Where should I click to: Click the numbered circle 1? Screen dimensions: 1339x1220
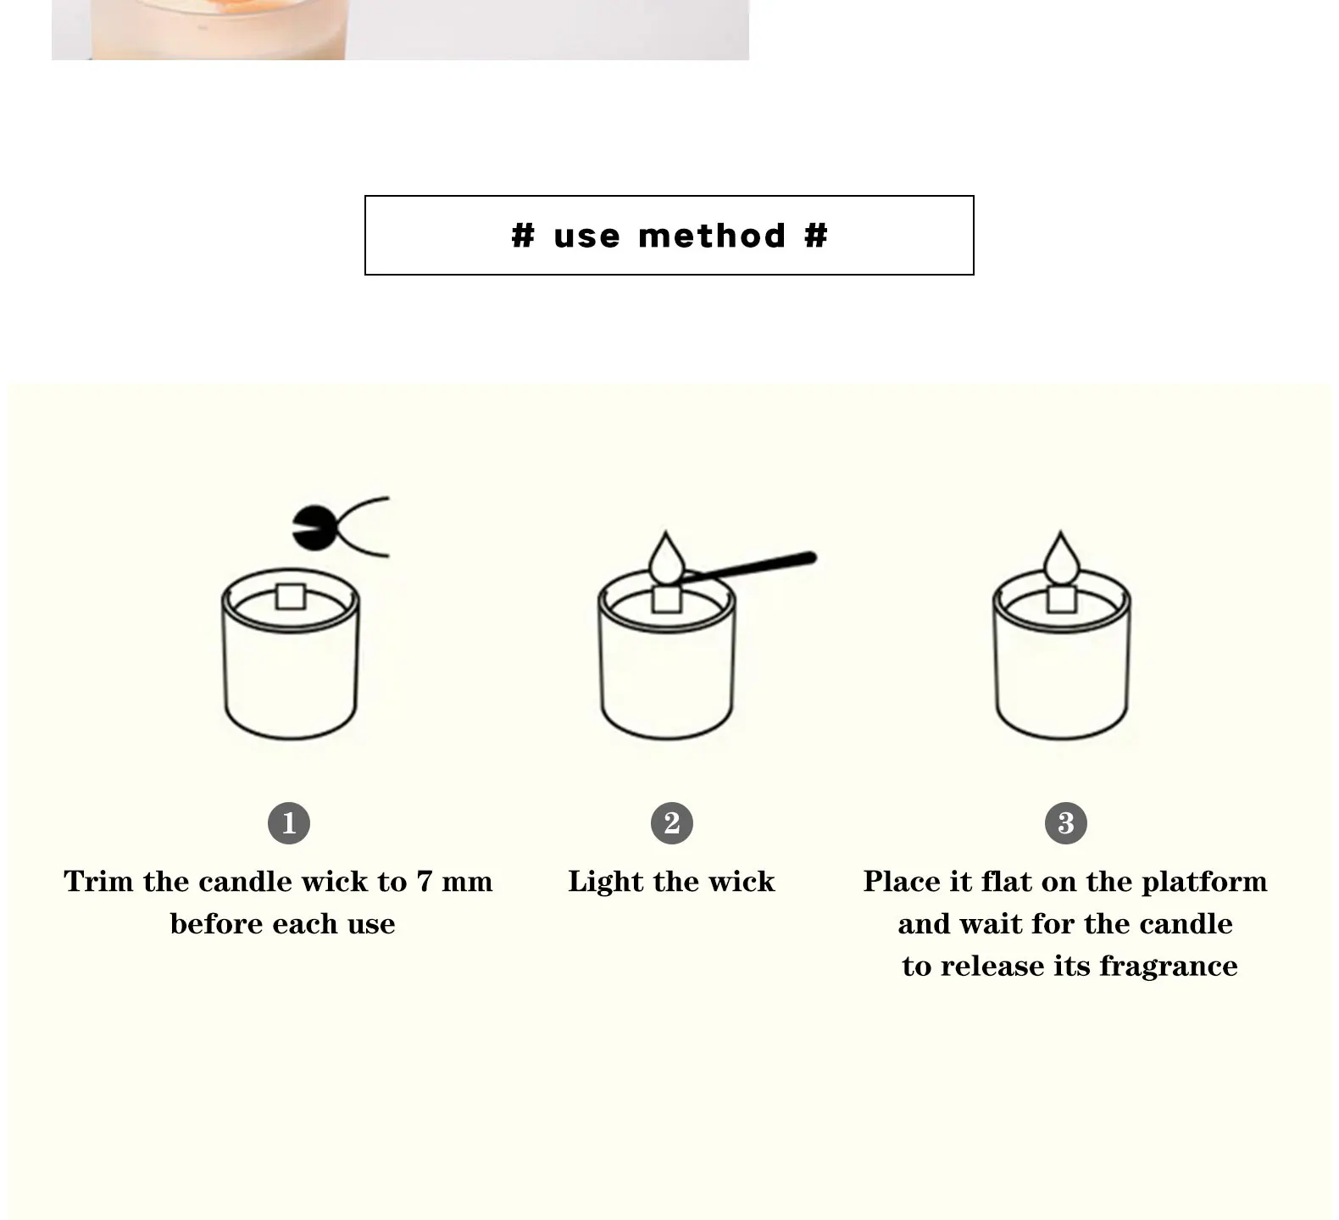click(289, 822)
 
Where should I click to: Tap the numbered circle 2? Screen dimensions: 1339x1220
click(672, 822)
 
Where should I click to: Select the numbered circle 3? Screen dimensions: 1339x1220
click(1066, 822)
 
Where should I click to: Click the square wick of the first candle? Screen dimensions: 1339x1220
click(290, 596)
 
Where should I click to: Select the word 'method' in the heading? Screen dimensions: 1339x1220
click(712, 236)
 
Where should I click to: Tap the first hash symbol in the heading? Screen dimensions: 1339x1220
click(523, 236)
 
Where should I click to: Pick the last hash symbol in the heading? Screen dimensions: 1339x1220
click(815, 236)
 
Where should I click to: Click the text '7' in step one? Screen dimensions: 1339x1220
click(424, 882)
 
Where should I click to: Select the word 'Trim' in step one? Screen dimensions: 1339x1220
click(100, 882)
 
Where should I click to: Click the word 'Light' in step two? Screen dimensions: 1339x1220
click(607, 882)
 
